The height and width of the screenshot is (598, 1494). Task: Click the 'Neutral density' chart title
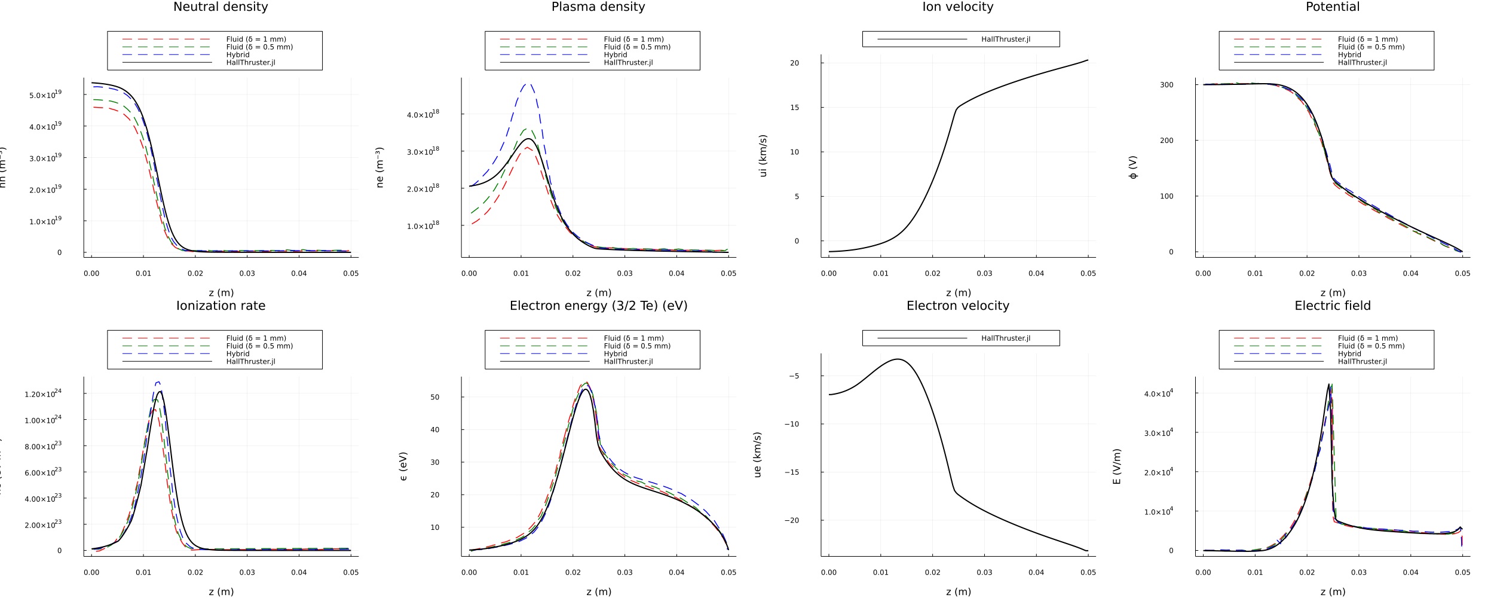(x=221, y=7)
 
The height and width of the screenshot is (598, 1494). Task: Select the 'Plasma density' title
(x=598, y=7)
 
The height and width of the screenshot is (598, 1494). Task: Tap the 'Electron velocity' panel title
(x=957, y=306)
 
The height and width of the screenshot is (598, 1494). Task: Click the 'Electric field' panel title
(x=1333, y=306)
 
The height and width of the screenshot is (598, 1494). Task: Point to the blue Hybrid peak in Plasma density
(x=527, y=84)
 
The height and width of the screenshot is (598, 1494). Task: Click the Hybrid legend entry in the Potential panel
(x=1349, y=55)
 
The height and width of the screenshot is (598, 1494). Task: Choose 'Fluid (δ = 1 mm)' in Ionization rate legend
(x=256, y=338)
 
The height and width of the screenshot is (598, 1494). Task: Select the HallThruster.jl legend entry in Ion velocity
(x=1005, y=39)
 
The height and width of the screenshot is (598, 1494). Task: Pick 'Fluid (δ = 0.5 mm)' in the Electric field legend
(x=1371, y=346)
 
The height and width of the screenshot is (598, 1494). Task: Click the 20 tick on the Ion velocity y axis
(x=794, y=63)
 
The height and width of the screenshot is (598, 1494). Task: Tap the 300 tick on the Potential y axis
(x=1167, y=85)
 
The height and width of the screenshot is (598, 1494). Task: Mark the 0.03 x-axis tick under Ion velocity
(x=984, y=273)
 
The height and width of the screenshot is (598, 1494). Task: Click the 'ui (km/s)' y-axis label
(x=763, y=155)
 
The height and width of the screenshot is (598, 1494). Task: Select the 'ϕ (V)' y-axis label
(x=1133, y=167)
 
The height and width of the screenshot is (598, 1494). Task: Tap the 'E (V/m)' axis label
(x=1116, y=466)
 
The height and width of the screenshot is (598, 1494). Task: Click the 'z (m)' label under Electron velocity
(x=958, y=591)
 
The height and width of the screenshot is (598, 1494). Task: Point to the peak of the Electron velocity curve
(x=898, y=359)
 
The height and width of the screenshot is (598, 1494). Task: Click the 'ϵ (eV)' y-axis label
(x=403, y=466)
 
